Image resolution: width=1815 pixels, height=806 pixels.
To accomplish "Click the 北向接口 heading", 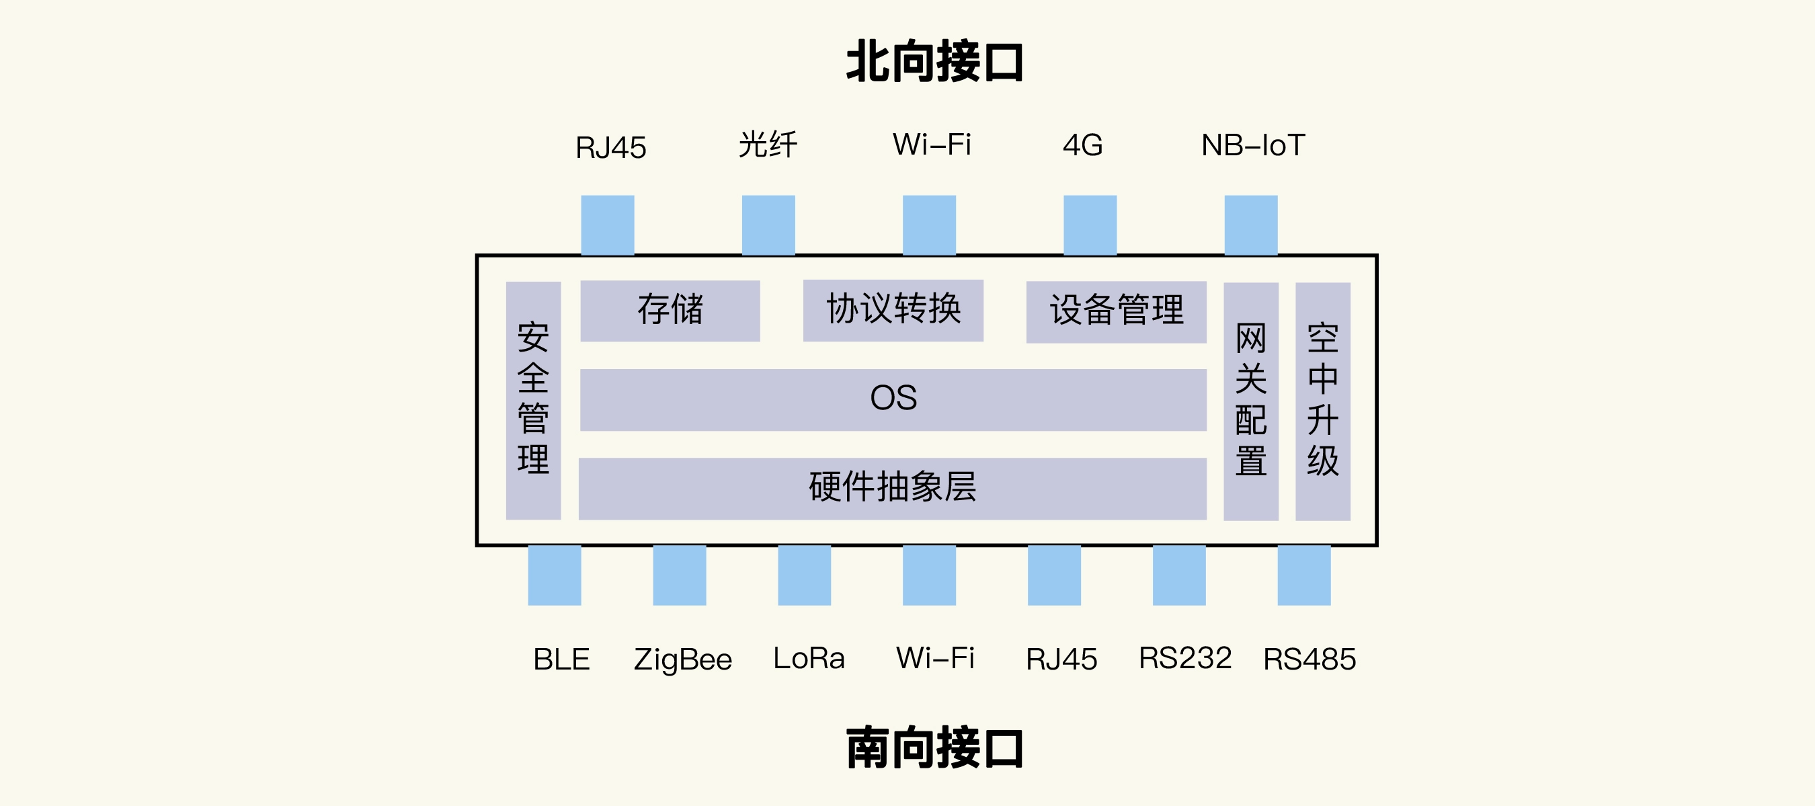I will (x=934, y=62).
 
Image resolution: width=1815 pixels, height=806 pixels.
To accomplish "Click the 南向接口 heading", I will (x=934, y=748).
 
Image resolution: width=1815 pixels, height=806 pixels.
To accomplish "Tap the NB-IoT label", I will (x=1253, y=145).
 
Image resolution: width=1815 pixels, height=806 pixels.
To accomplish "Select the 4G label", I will (x=1082, y=145).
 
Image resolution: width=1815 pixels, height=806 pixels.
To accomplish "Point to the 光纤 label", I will (x=768, y=145).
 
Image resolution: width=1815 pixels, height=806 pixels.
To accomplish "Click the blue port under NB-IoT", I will (x=1250, y=225).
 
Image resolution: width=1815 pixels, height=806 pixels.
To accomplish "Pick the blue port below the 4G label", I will (x=1090, y=225).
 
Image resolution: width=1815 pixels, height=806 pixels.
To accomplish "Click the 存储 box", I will (x=670, y=311).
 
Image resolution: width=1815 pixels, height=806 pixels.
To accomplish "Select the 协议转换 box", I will (x=893, y=310).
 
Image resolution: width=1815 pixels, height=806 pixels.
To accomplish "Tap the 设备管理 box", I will (x=1116, y=311).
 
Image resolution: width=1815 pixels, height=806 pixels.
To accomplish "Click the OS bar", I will (x=893, y=399).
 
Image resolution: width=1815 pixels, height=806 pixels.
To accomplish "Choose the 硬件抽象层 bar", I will (x=892, y=488).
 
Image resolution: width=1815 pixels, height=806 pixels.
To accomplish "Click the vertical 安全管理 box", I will (x=533, y=400).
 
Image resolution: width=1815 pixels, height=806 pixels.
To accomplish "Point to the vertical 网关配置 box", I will (x=1250, y=401).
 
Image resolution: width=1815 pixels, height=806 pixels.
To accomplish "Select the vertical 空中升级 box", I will (x=1322, y=401).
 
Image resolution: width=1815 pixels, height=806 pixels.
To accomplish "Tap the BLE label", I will (x=561, y=659).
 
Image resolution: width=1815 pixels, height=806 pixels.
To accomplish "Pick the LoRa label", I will (x=809, y=659).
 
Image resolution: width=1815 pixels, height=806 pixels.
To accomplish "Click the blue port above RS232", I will (x=1179, y=575).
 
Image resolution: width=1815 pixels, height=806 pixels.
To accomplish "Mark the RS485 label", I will (x=1309, y=659).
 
